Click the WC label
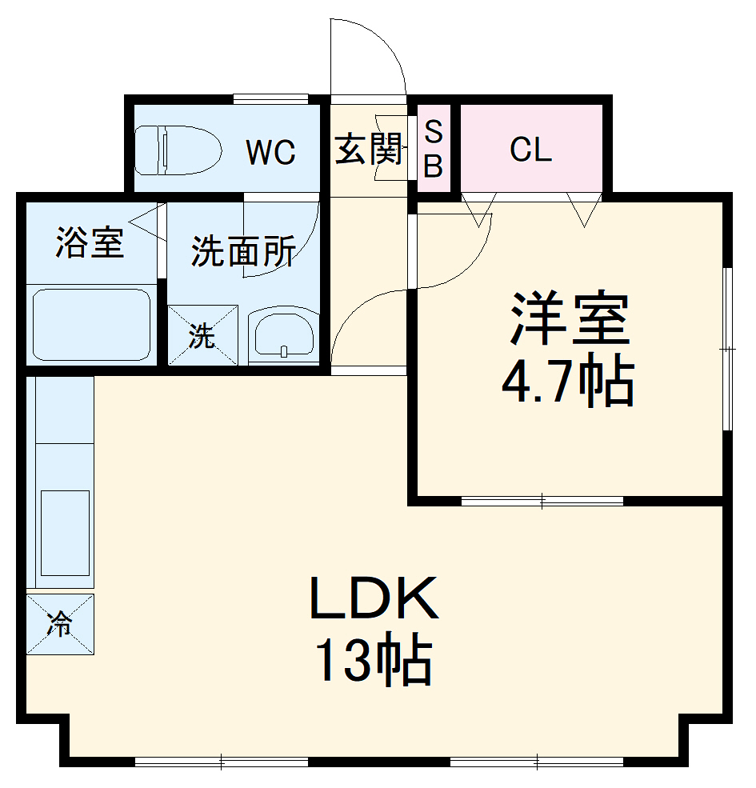[x=270, y=151]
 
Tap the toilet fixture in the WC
[x=177, y=150]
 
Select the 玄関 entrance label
[x=369, y=149]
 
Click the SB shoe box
[x=433, y=150]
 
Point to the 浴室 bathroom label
[x=90, y=242]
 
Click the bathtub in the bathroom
[x=91, y=325]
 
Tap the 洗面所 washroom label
[x=243, y=251]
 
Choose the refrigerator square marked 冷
[x=60, y=625]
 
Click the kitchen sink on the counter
[x=64, y=532]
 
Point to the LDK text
[x=374, y=599]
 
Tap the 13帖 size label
[x=374, y=660]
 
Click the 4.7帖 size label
[x=567, y=382]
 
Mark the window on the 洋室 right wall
[x=727, y=349]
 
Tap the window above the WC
[x=270, y=99]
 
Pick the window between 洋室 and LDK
[x=542, y=502]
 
